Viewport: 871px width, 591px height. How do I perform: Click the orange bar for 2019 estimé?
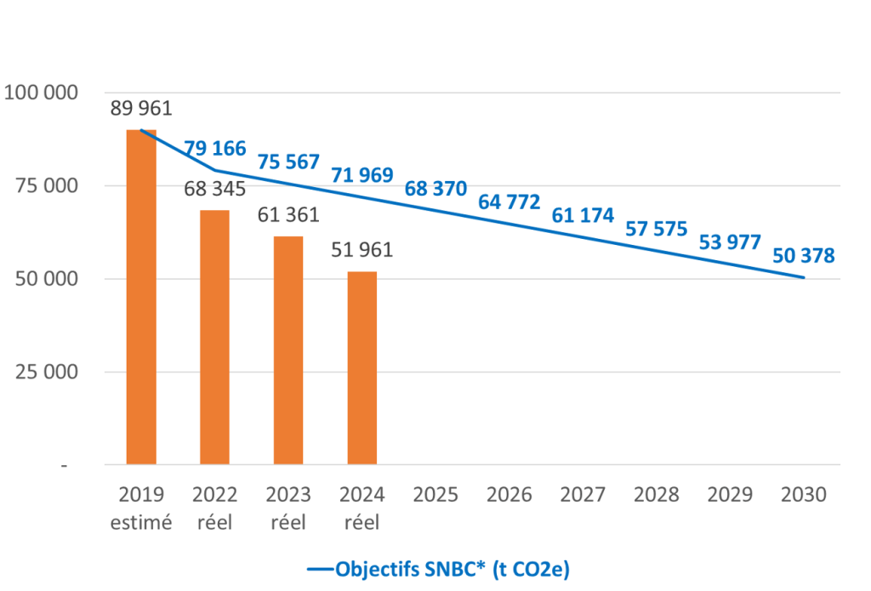pyautogui.click(x=141, y=298)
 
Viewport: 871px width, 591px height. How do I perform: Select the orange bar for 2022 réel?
pyautogui.click(x=214, y=338)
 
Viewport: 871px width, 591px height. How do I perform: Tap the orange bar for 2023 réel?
pyautogui.click(x=288, y=350)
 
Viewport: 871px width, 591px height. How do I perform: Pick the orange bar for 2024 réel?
pyautogui.click(x=361, y=368)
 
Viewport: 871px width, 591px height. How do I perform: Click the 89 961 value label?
pyautogui.click(x=141, y=109)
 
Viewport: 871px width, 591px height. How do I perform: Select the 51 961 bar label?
pyautogui.click(x=361, y=250)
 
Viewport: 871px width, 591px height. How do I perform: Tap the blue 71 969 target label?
pyautogui.click(x=361, y=176)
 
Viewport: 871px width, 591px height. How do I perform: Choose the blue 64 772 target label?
pyautogui.click(x=510, y=202)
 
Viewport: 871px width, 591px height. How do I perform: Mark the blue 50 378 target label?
pyautogui.click(x=804, y=255)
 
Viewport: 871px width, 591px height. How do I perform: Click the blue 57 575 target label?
pyautogui.click(x=657, y=229)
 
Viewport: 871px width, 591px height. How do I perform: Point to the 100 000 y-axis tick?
pyautogui.click(x=42, y=93)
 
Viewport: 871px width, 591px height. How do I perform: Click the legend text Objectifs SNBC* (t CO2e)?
pyautogui.click(x=453, y=569)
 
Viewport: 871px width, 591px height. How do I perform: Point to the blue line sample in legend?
pyautogui.click(x=319, y=570)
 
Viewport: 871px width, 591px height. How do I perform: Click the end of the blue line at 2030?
pyautogui.click(x=804, y=277)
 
